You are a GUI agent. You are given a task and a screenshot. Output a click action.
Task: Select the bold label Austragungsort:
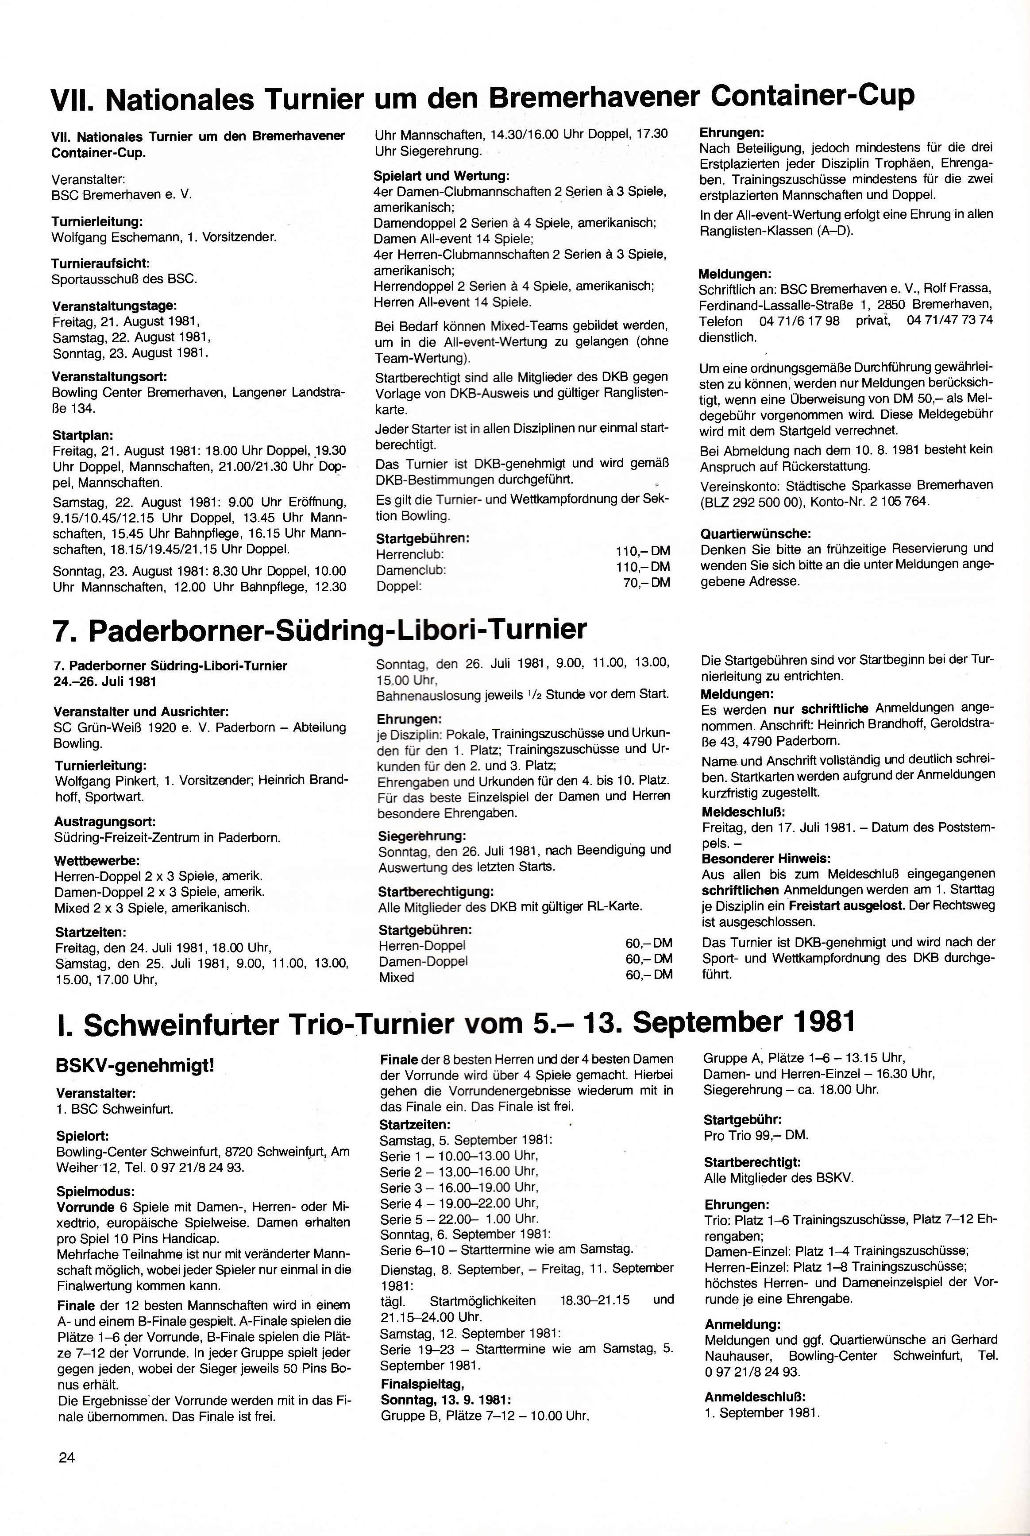coord(105,822)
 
